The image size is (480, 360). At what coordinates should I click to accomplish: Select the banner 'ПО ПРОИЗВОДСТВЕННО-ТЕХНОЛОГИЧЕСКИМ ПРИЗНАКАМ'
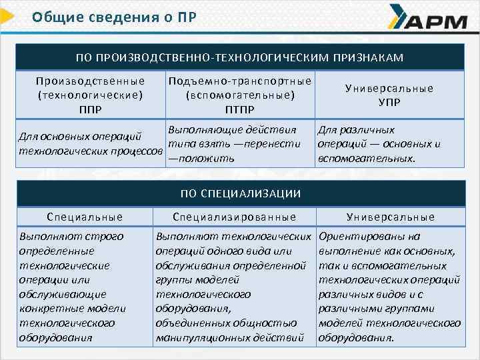[240, 58]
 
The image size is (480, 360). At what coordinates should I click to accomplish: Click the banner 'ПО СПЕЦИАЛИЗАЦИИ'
[240, 193]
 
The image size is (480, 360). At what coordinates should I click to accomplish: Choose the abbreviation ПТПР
[239, 109]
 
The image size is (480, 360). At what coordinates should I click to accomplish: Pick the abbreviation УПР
[389, 102]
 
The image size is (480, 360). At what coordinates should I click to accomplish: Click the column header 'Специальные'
[85, 217]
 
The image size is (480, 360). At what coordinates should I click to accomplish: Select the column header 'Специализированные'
[235, 217]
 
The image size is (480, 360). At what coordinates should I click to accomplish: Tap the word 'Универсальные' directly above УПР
[389, 88]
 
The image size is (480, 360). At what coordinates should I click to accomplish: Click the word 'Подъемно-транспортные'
[240, 81]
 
